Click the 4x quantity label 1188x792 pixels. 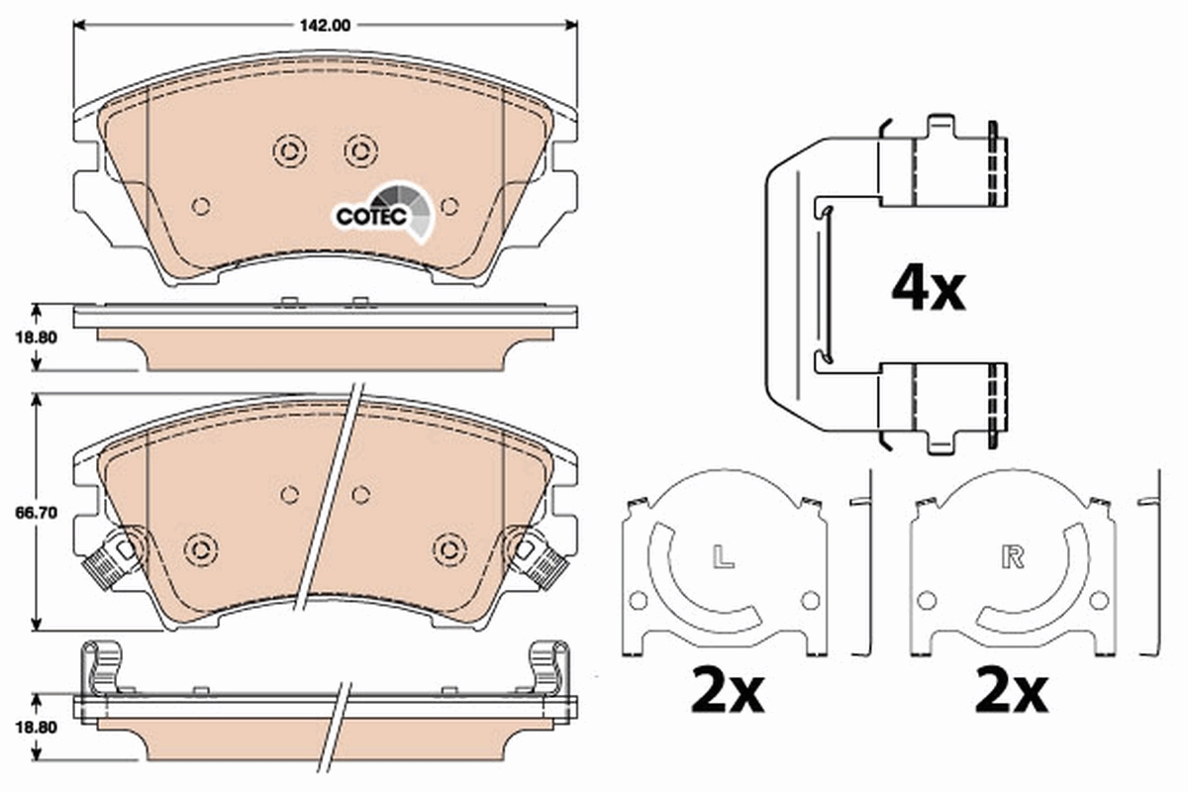click(x=927, y=288)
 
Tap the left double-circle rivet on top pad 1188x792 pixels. click(x=288, y=150)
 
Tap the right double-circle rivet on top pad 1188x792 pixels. click(x=360, y=150)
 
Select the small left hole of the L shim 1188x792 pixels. click(x=639, y=600)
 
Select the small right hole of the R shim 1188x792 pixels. click(x=1098, y=600)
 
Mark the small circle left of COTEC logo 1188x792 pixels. click(x=201, y=206)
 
